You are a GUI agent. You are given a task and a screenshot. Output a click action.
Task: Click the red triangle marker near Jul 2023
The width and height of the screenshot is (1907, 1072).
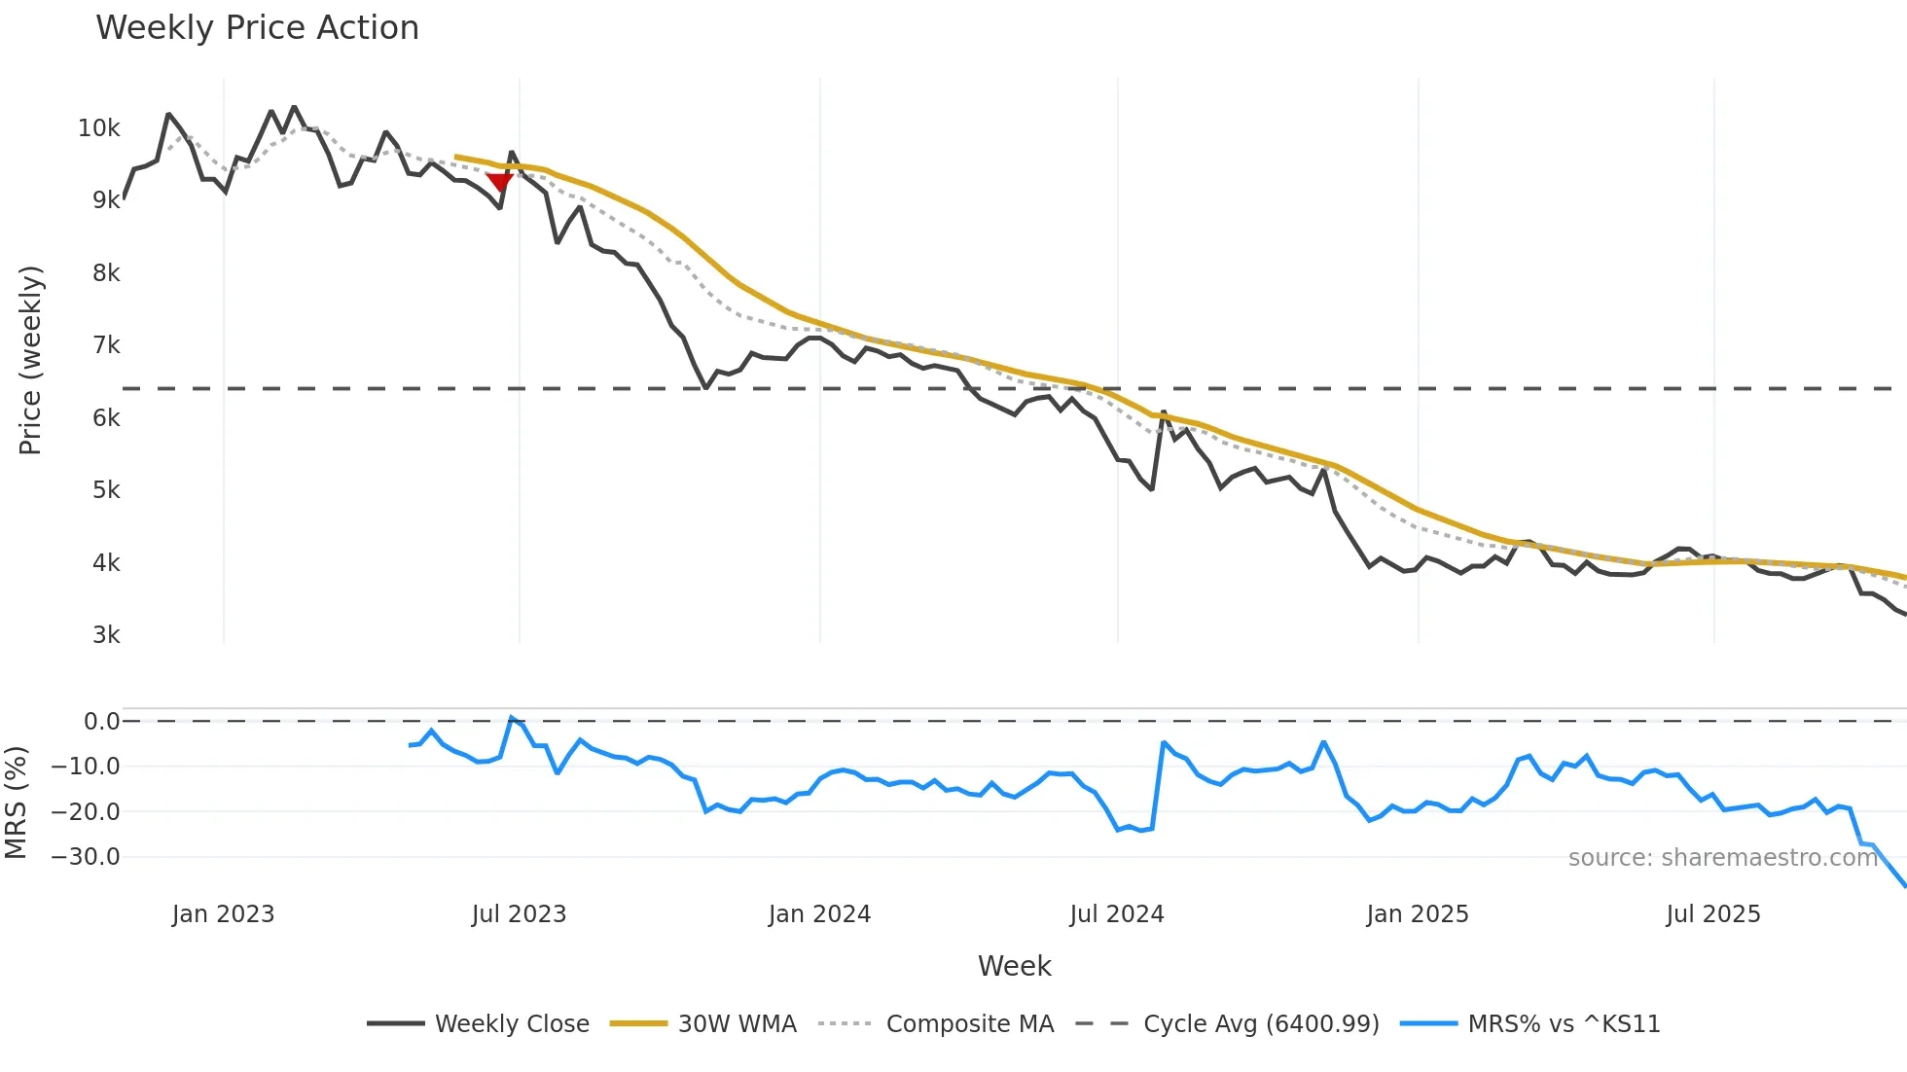[x=499, y=182]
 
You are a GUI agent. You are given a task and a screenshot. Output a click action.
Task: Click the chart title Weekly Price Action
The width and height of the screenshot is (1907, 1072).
[x=257, y=28]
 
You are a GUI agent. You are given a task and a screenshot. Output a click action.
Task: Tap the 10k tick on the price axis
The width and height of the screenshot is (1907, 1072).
[x=99, y=128]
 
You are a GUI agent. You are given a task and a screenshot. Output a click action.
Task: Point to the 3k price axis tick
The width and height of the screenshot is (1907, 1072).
[x=106, y=635]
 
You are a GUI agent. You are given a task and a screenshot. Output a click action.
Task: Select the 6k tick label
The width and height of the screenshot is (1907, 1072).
[x=106, y=418]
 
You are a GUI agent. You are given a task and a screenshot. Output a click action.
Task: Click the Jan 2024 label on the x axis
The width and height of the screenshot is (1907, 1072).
[x=819, y=914]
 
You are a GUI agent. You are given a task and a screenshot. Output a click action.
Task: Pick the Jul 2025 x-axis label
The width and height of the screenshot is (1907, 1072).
[x=1712, y=914]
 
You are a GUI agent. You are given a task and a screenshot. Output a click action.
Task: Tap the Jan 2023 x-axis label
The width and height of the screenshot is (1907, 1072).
[x=223, y=914]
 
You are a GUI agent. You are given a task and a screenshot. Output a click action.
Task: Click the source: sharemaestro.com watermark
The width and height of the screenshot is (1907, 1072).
[x=1722, y=858]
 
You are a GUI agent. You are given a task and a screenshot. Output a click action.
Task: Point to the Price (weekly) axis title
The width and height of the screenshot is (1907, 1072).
[x=30, y=360]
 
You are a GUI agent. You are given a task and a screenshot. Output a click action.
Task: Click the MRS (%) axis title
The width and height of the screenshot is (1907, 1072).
[x=16, y=803]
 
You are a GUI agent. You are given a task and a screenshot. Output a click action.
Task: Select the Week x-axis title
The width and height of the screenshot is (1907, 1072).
[x=1014, y=966]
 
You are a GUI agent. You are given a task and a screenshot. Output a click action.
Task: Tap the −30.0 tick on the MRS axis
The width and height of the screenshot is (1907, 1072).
[x=86, y=857]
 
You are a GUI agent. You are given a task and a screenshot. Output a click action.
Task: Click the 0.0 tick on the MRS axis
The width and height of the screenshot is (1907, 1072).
[x=101, y=722]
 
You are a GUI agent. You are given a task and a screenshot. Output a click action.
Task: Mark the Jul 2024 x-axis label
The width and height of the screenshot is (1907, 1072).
[x=1116, y=914]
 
